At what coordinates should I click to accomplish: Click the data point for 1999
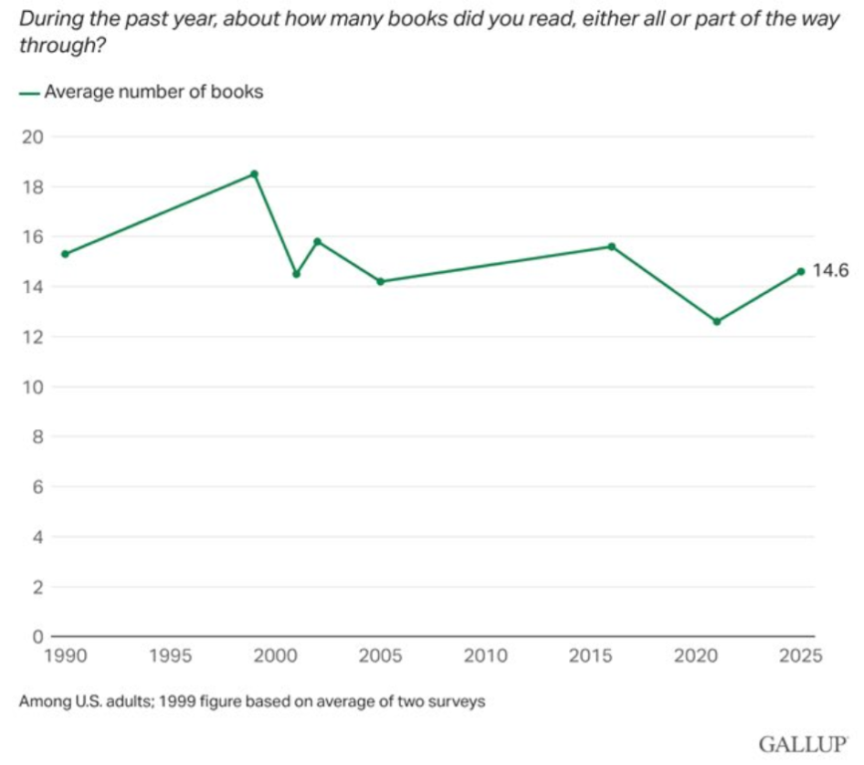click(x=254, y=173)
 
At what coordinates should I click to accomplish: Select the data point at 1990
click(x=64, y=254)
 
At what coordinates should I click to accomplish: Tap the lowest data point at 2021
click(x=717, y=321)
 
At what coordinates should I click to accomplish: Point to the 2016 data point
click(x=612, y=246)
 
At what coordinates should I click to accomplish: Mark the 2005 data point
click(x=381, y=281)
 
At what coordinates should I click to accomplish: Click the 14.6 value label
click(x=832, y=270)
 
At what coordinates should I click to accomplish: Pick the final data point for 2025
click(x=801, y=271)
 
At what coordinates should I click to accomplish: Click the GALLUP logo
click(x=802, y=744)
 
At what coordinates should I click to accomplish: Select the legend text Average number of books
click(x=154, y=91)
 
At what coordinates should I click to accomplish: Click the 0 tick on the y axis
click(x=37, y=636)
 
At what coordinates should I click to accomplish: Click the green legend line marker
click(x=28, y=92)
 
